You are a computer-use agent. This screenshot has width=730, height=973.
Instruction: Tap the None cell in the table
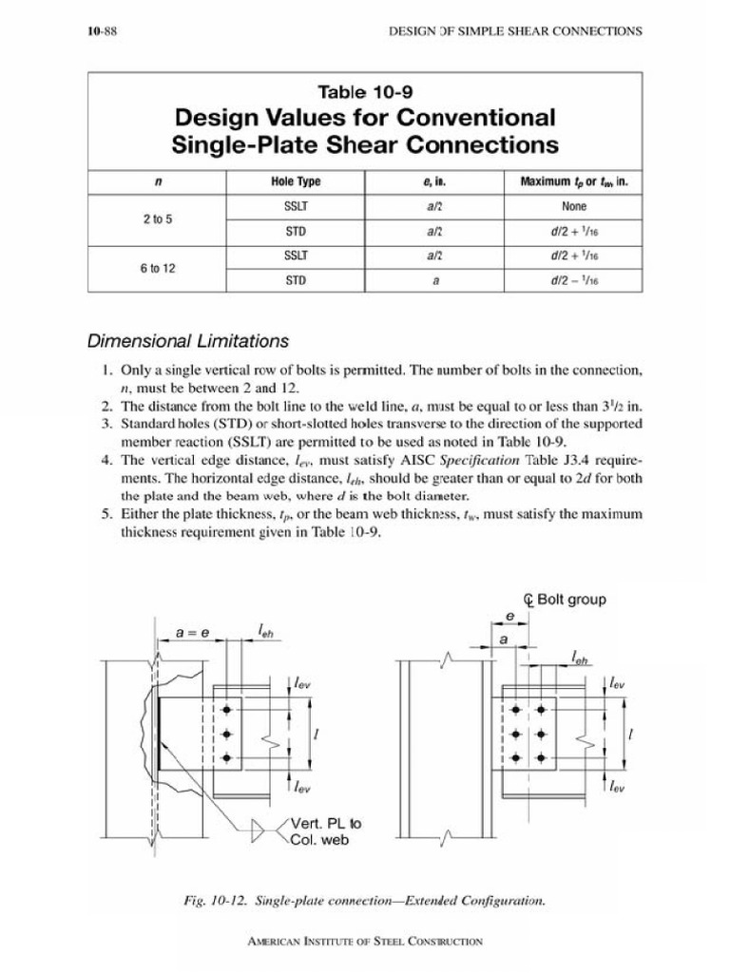click(x=574, y=206)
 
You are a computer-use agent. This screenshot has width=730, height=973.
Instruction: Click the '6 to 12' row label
click(x=157, y=268)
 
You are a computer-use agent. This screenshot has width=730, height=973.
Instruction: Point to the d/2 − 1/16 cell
click(x=574, y=280)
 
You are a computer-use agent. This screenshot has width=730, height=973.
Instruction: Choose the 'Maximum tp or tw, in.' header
click(x=574, y=181)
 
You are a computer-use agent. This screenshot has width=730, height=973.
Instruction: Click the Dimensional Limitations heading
click(x=188, y=341)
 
